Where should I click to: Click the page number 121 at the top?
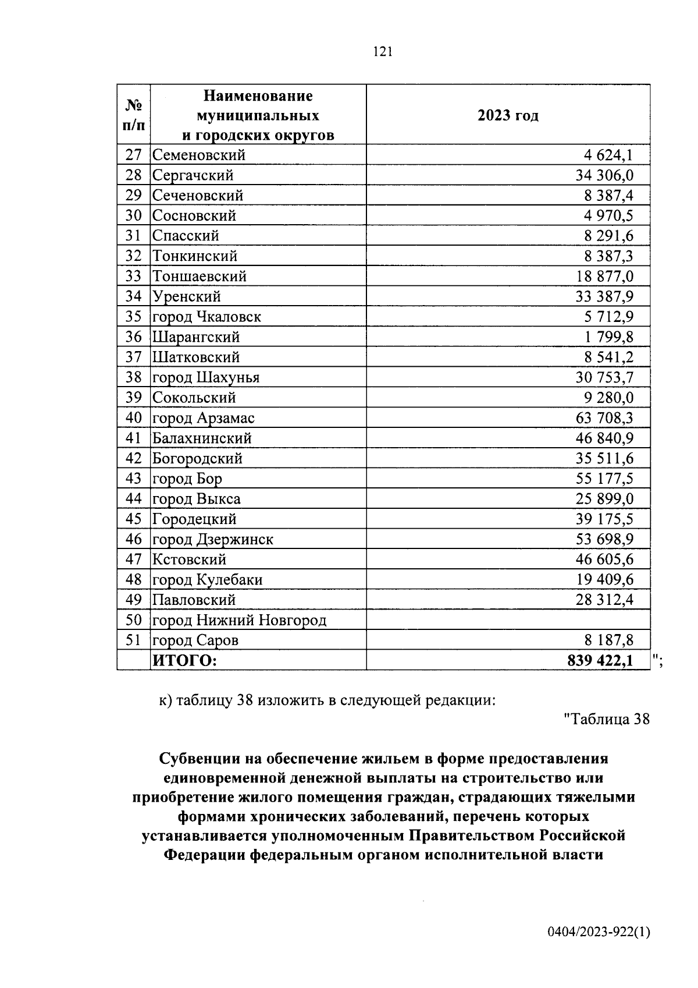[x=383, y=52]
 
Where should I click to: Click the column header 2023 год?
[x=508, y=115]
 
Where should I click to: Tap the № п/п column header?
[x=134, y=115]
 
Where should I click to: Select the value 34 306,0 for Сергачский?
[x=604, y=175]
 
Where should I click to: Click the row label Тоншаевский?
[x=200, y=276]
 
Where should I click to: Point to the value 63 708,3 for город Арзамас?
[x=604, y=418]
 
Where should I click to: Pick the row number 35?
[x=134, y=317]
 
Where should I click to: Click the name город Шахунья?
[x=206, y=377]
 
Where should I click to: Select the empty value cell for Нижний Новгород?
[x=508, y=620]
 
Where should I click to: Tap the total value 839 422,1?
[x=600, y=661]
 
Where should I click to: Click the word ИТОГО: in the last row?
[x=184, y=661]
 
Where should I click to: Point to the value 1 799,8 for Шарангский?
[x=609, y=337]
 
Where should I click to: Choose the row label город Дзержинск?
[x=213, y=539]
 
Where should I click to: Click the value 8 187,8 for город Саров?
[x=609, y=640]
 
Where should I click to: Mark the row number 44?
[x=134, y=498]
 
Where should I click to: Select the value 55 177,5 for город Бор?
[x=604, y=479]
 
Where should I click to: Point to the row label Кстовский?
[x=189, y=559]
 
